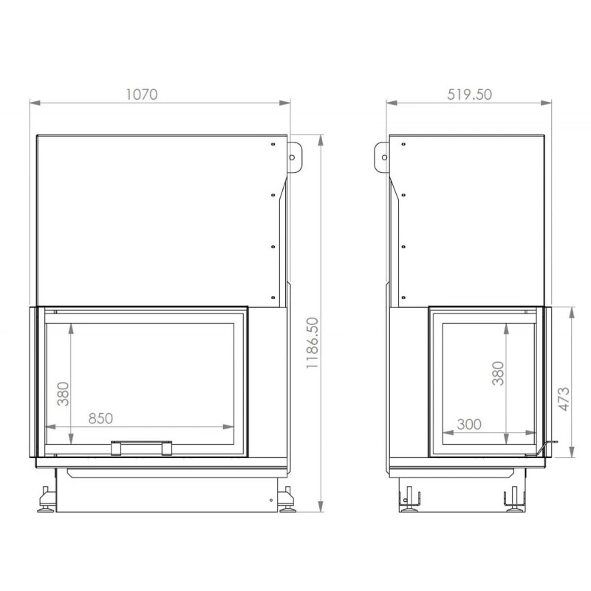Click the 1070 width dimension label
(x=141, y=95)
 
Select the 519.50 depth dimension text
(x=469, y=95)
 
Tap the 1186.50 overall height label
(x=312, y=343)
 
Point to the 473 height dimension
(x=564, y=399)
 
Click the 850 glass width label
(x=100, y=418)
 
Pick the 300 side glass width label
(x=469, y=424)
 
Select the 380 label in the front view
(x=64, y=394)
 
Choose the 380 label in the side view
(x=498, y=373)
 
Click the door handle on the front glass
(x=141, y=448)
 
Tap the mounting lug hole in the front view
(x=292, y=157)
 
